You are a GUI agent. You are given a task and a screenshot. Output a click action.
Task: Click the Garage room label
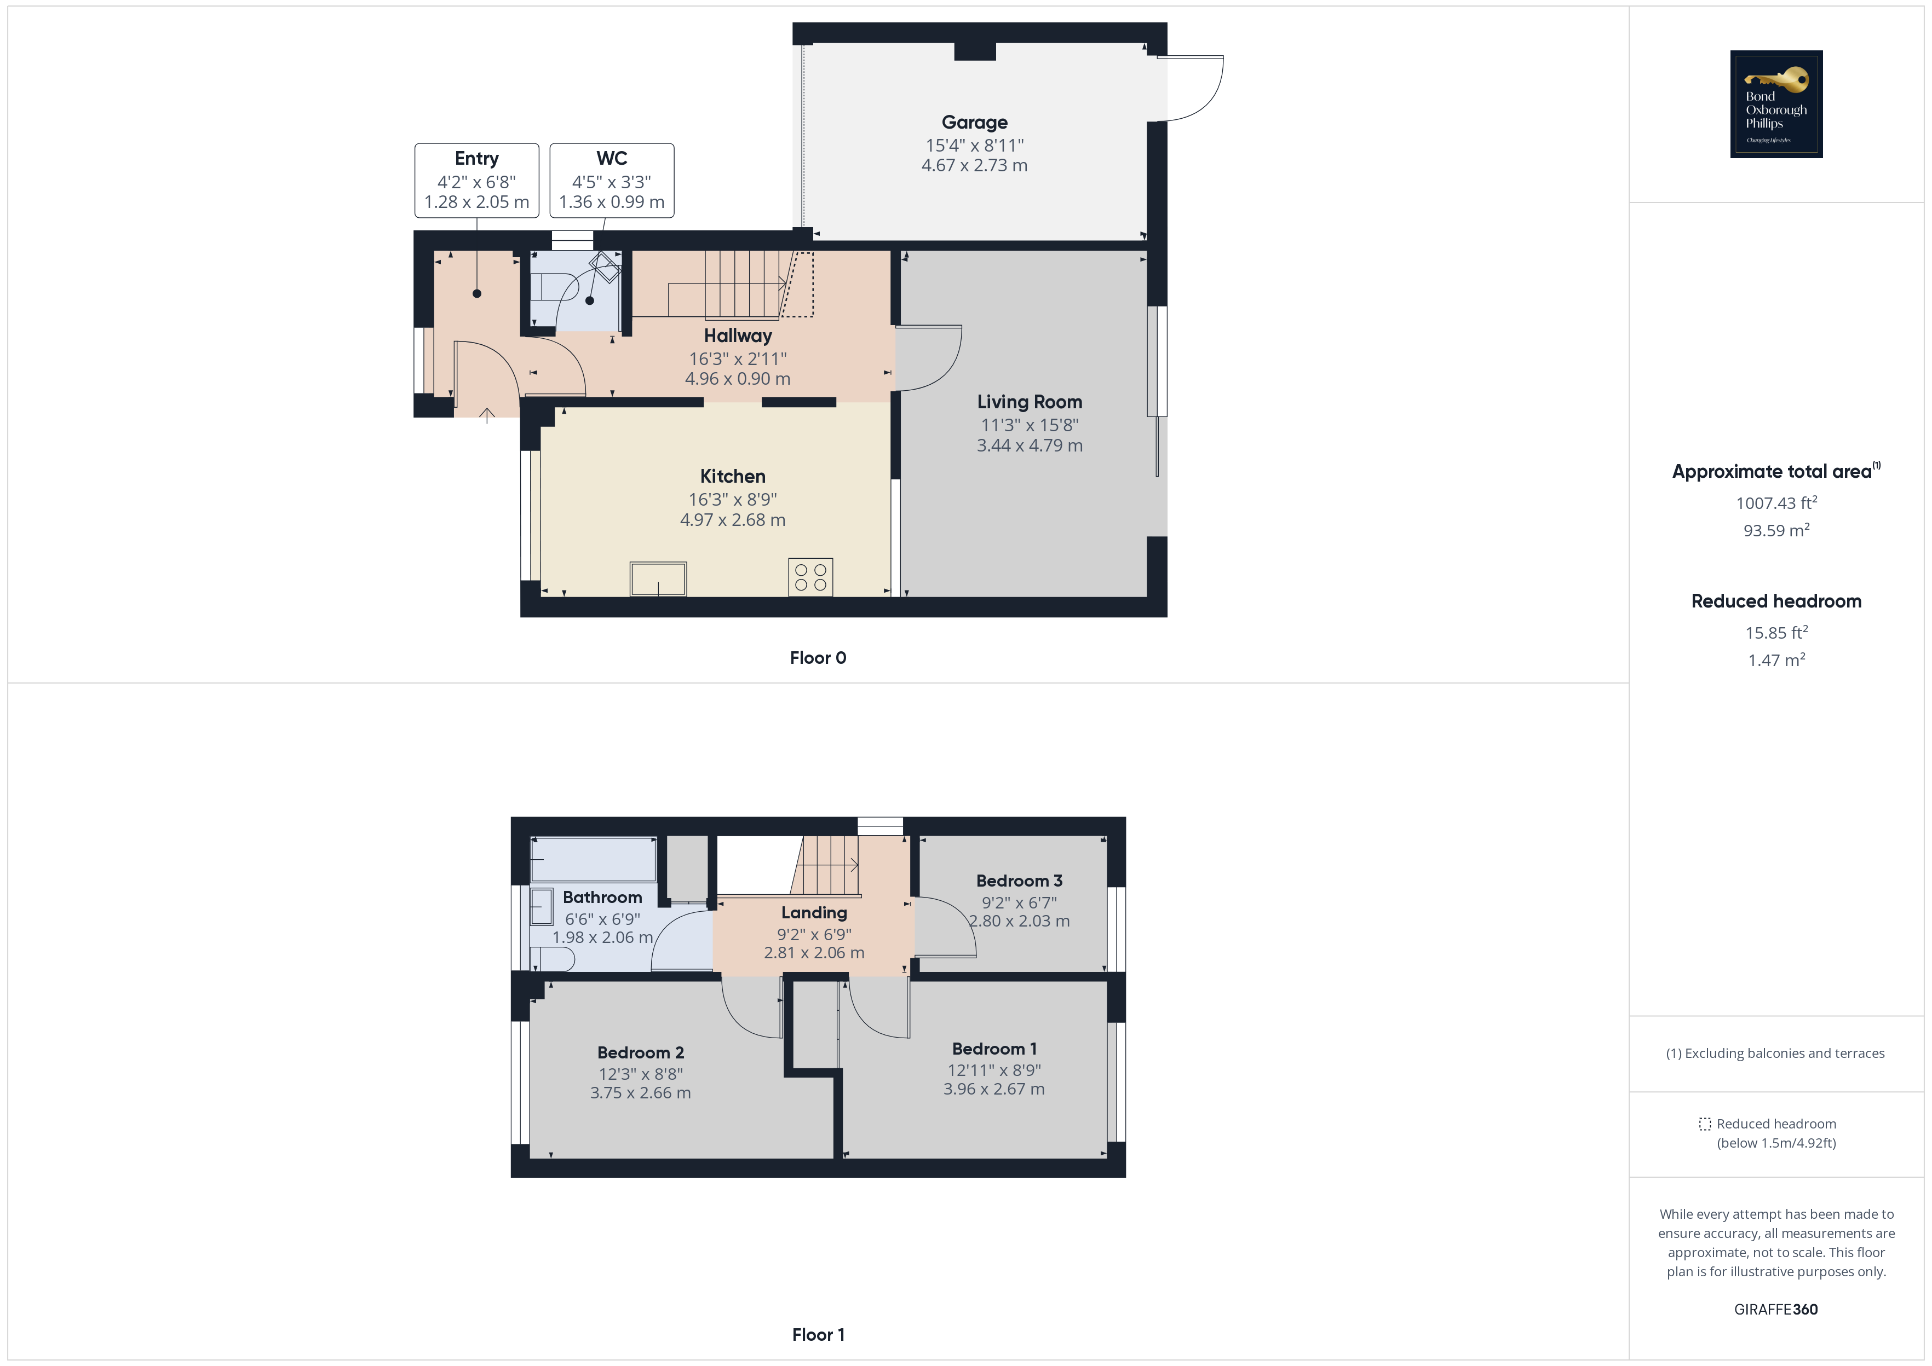(x=974, y=123)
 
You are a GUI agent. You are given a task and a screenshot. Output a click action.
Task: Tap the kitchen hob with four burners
(x=810, y=577)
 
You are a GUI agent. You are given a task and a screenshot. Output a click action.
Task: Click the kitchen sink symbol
(x=658, y=578)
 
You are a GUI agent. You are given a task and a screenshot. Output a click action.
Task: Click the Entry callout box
(x=476, y=180)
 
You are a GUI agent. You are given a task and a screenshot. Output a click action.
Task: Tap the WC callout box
(x=612, y=180)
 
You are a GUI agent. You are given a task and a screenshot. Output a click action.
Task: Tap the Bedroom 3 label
(x=1019, y=881)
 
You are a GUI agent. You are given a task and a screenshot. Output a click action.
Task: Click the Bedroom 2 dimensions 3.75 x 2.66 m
(x=640, y=1092)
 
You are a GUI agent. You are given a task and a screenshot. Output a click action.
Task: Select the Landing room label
(x=814, y=913)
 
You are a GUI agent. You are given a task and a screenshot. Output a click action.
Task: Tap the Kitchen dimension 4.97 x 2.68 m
(x=732, y=520)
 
